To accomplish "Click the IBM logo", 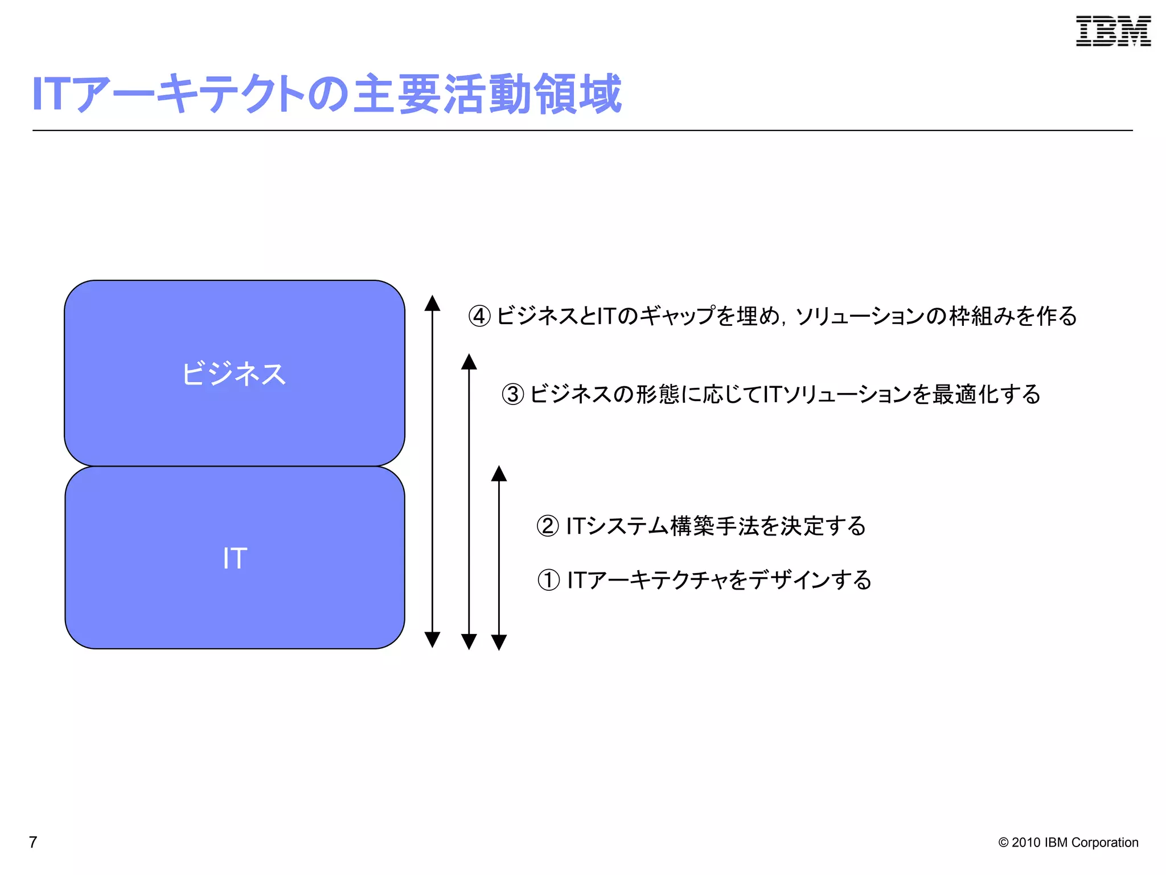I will click(1113, 31).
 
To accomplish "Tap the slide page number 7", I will click(33, 842).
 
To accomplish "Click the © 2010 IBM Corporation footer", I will click(1068, 843).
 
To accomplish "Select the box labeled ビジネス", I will click(235, 374).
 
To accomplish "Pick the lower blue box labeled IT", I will click(235, 558).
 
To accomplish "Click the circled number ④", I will click(479, 316).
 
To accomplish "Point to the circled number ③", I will click(512, 394).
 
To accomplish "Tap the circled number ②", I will click(548, 526).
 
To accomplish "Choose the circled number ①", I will click(548, 580).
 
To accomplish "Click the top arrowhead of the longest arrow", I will click(432, 303).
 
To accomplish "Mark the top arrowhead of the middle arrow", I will click(469, 362).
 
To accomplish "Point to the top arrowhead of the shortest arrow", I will click(499, 473).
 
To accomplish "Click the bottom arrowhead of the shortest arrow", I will click(499, 642).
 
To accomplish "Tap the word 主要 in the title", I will click(397, 94).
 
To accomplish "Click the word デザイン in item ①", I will click(789, 580).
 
